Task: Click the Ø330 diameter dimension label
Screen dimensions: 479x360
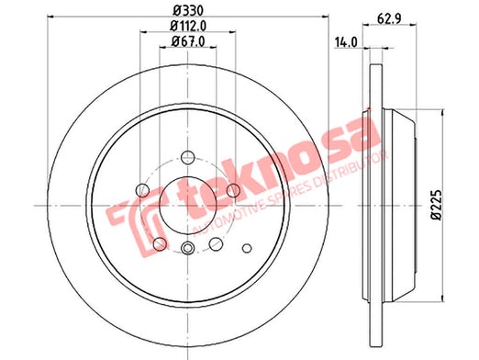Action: point(188,11)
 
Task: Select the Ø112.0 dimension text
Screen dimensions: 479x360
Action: point(188,26)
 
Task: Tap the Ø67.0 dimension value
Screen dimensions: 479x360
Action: point(188,41)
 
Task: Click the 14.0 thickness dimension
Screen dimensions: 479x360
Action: point(346,42)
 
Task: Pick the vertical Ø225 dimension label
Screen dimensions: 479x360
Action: point(437,205)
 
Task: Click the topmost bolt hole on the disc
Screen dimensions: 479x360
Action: point(188,157)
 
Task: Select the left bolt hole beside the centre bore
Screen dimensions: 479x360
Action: point(142,190)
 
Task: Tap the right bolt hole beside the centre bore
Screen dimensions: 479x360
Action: point(233,190)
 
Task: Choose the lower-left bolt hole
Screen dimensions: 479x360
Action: point(160,244)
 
